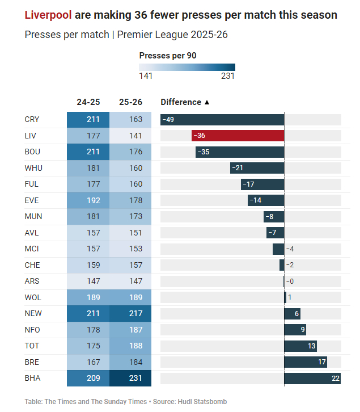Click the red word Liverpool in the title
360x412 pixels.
point(48,15)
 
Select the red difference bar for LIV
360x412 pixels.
point(238,136)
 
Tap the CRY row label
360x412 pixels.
point(32,120)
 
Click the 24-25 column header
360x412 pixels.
point(88,102)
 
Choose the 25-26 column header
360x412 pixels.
point(130,102)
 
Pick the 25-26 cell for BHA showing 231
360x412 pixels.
point(130,378)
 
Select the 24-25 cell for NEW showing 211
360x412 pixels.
point(88,313)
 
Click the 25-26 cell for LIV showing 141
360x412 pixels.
point(130,136)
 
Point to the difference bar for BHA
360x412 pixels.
point(312,378)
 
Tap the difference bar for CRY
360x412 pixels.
point(222,120)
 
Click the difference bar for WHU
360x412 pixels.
point(257,168)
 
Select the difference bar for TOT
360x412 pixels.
point(300,346)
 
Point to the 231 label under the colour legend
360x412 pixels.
point(227,76)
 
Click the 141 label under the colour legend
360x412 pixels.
point(146,76)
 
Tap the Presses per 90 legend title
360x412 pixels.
point(168,56)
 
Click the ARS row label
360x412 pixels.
point(32,281)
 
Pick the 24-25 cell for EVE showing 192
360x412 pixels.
point(88,200)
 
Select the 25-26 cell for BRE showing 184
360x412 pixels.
point(130,362)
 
